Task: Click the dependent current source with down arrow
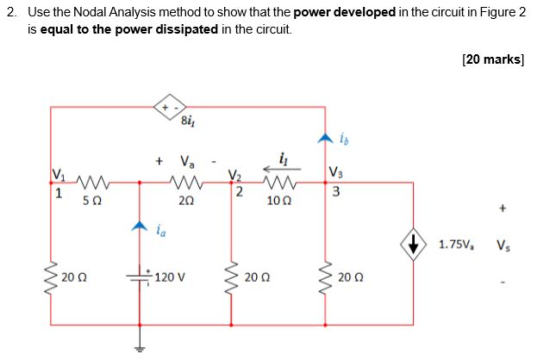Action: pos(415,245)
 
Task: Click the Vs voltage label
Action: pos(503,245)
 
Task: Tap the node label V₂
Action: pos(233,177)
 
